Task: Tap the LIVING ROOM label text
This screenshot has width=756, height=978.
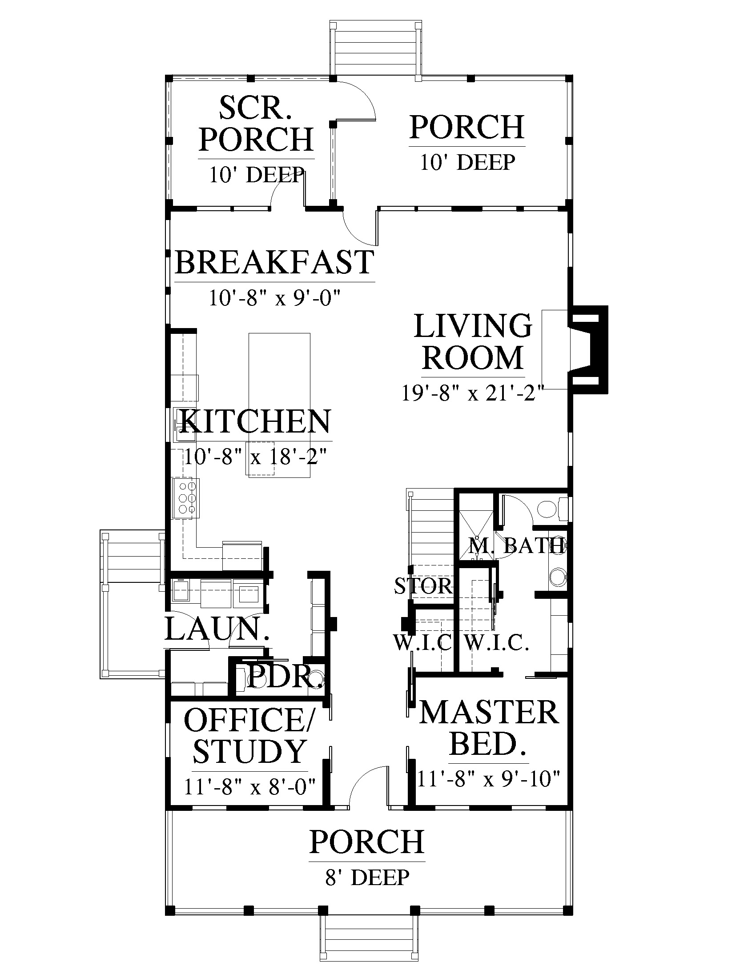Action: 473,342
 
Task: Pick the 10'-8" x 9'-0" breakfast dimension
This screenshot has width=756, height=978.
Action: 275,298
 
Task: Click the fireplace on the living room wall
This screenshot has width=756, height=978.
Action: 587,349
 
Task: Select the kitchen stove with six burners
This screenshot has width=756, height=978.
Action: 186,498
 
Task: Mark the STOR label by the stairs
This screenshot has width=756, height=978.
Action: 423,586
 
